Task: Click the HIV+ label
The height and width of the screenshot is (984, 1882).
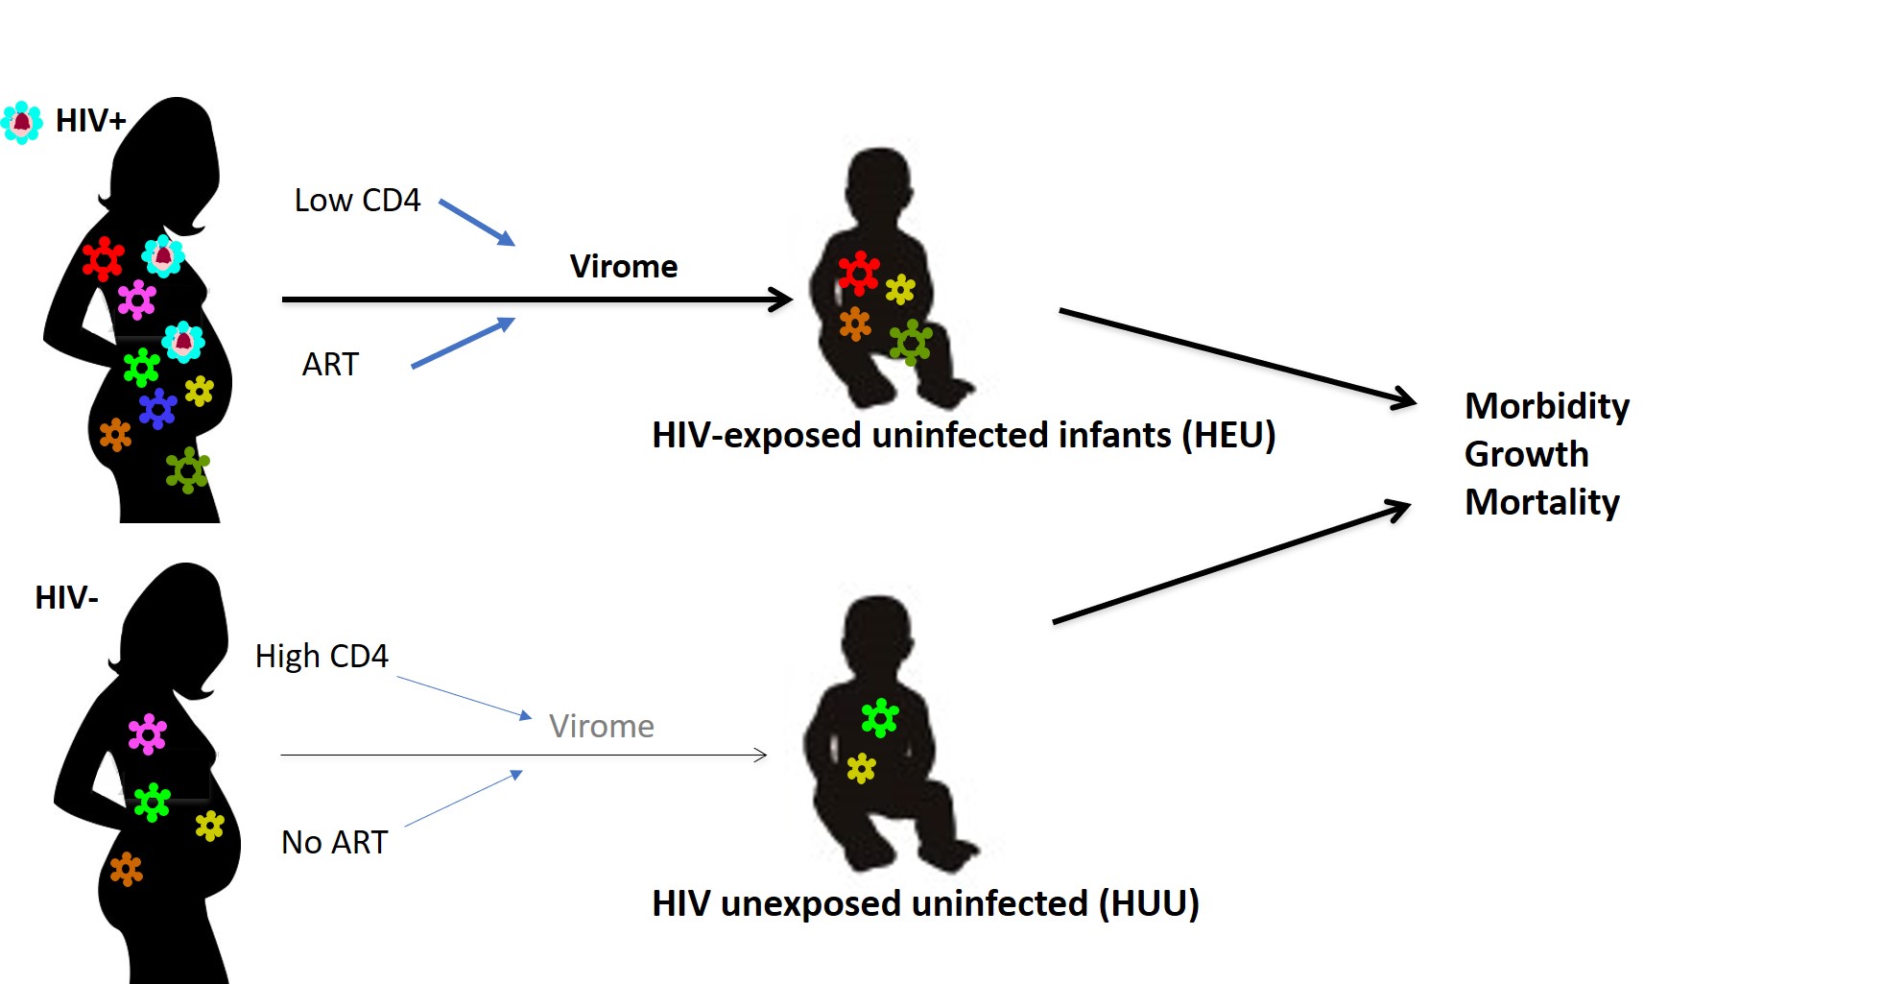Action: tap(91, 121)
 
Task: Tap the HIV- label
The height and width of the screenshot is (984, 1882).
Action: tap(66, 598)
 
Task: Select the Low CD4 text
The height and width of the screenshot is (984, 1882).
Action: tap(357, 200)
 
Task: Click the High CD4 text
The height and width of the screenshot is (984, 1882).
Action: tap(322, 656)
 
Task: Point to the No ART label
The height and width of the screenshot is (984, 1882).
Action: tap(334, 842)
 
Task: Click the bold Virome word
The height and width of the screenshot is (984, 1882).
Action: tap(624, 266)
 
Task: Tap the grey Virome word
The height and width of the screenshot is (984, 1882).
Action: tap(602, 726)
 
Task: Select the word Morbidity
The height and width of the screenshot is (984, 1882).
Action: tap(1547, 407)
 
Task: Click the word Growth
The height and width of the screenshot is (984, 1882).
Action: tap(1527, 454)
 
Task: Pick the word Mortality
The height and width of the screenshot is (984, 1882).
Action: tap(1542, 502)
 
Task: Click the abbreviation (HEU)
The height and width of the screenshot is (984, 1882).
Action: tap(1228, 435)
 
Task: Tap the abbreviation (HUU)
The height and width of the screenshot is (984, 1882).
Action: tap(1149, 903)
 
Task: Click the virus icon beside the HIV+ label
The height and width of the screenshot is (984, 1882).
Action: tap(21, 123)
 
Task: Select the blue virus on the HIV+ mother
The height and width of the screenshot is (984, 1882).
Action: tap(158, 409)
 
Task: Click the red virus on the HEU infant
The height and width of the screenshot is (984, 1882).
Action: tap(859, 274)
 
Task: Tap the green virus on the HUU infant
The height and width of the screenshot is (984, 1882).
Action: tap(880, 718)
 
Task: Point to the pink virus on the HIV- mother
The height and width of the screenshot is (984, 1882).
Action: tap(148, 734)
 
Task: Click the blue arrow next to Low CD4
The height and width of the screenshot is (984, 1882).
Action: tap(477, 223)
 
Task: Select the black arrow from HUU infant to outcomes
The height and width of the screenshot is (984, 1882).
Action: tap(1231, 563)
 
